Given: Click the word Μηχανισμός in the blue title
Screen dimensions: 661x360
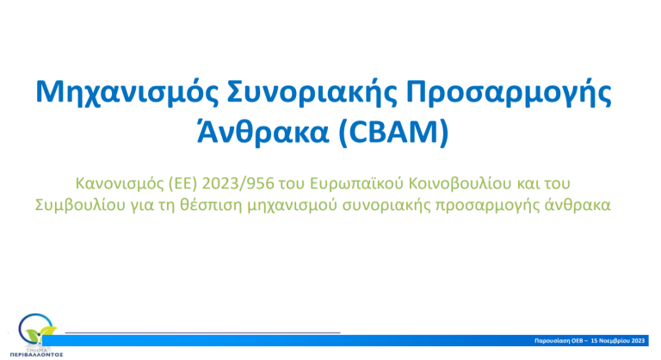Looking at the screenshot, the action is coord(127,93).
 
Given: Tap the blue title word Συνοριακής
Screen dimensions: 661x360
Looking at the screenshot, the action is coord(312,93).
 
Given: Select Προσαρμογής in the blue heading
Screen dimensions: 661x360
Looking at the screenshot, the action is coord(509,93).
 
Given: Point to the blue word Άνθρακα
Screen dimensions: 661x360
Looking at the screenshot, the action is coord(263,131).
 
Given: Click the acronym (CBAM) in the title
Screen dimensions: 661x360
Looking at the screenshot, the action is coord(393,132).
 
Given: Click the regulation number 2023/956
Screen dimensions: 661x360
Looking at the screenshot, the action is coord(238,183).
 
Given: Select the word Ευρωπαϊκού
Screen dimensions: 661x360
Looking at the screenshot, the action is coord(356,183).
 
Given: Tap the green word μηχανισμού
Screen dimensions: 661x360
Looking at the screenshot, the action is coord(292,205).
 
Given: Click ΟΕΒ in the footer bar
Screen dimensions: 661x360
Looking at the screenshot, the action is coord(578,341).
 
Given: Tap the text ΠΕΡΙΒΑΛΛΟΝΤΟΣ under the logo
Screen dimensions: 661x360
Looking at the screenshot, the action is coord(36,355).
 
